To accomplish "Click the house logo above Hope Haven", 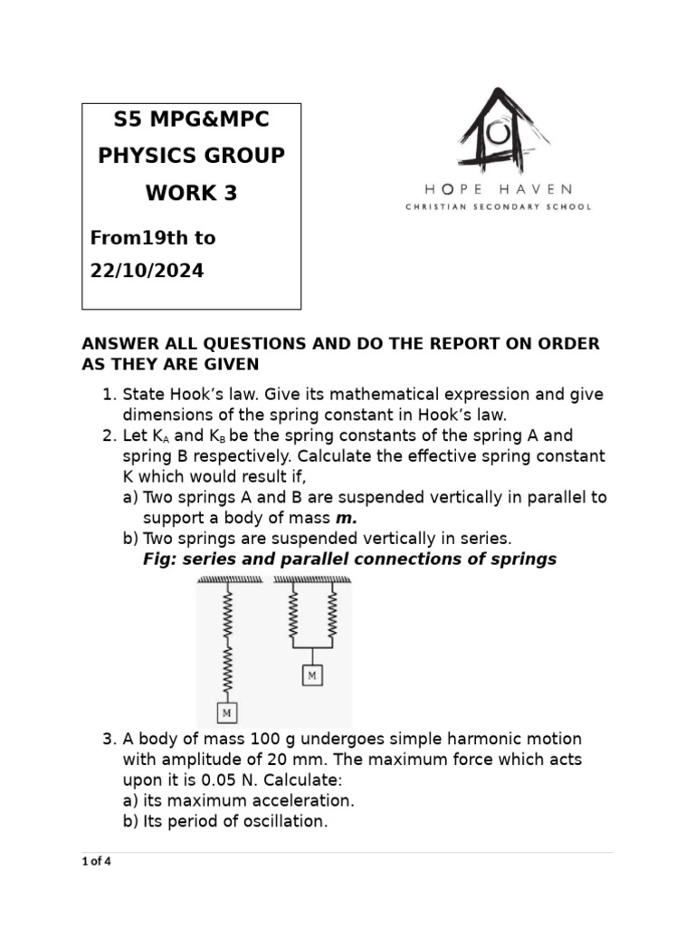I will [x=494, y=130].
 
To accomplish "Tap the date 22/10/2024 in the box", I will [x=147, y=271].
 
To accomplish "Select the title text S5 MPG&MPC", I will [x=191, y=119].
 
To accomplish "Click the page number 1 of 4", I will [x=96, y=861].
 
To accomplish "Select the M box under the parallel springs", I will [x=312, y=675].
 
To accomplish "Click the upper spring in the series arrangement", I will [x=226, y=612].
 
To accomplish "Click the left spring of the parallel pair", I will [x=292, y=615].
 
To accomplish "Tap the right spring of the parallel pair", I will [x=333, y=615].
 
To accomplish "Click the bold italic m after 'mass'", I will [x=347, y=518].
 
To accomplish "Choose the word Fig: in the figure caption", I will [x=159, y=559].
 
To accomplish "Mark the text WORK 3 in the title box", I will [x=191, y=193].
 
